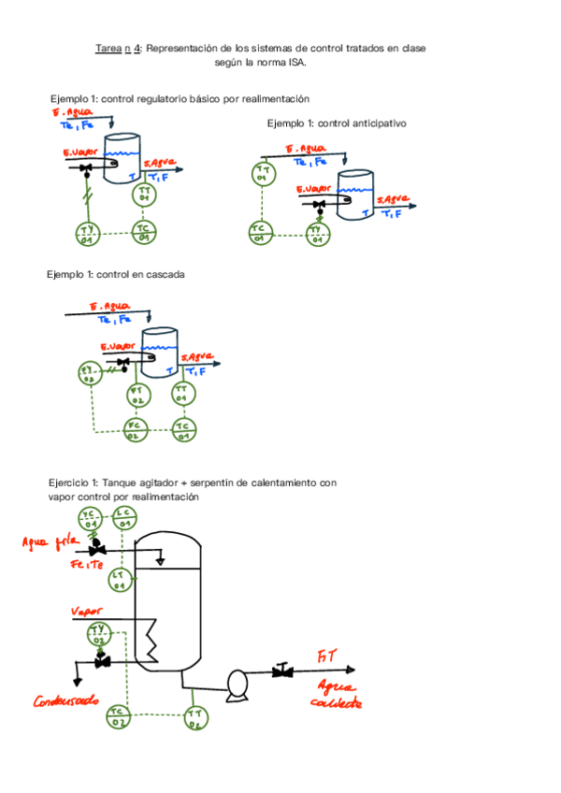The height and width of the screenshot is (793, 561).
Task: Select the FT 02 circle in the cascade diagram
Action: pos(137,394)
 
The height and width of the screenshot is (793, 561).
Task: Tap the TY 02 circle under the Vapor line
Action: pos(99,636)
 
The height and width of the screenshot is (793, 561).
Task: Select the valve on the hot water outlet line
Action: pos(280,670)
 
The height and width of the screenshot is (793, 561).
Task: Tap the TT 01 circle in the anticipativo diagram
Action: pos(264,173)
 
